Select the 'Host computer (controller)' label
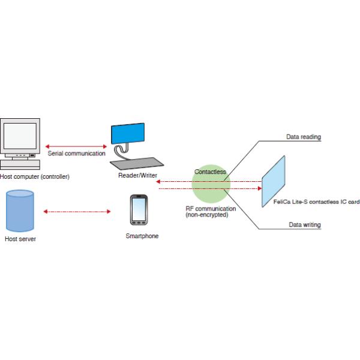tap(35, 177)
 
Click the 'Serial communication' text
tap(76, 153)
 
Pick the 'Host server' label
tap(20, 239)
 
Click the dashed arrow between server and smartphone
tap(78, 211)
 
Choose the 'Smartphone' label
tap(142, 236)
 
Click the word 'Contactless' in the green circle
tap(210, 172)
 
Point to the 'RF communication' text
tap(211, 209)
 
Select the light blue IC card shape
tap(274, 182)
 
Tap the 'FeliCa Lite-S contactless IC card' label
tap(316, 202)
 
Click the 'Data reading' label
tap(303, 137)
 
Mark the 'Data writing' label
tap(304, 224)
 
